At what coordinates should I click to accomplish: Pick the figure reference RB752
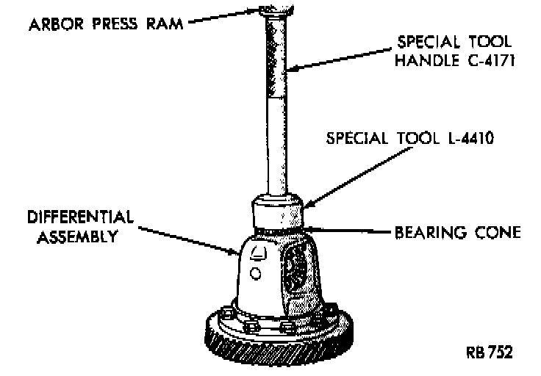tap(488, 351)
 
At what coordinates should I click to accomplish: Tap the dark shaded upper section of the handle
tap(278, 59)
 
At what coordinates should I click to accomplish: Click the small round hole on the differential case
tap(255, 274)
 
